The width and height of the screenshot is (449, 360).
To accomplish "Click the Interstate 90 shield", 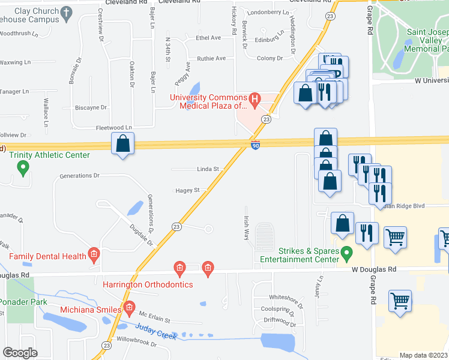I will coord(256,145).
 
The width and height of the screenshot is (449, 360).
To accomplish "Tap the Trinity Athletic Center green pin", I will coord(23,168).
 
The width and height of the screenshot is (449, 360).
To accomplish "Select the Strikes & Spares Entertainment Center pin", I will coord(346,254).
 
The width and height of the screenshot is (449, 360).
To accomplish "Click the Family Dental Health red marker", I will coord(94,256).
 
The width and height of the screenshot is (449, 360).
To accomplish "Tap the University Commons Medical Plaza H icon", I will coord(255,99).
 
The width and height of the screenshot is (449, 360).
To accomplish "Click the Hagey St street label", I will coord(187,190).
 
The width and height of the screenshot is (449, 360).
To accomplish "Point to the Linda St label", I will coord(208,169).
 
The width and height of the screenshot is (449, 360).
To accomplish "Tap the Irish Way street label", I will coord(246,228).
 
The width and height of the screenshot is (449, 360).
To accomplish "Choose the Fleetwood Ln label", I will coord(113,128).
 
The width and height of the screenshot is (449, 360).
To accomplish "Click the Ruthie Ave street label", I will coord(211,58).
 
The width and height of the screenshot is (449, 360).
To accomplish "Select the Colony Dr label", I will coord(270,58).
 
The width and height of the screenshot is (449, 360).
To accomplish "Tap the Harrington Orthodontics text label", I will coord(148,284).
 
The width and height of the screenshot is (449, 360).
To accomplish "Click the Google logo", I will coord(20,353).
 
